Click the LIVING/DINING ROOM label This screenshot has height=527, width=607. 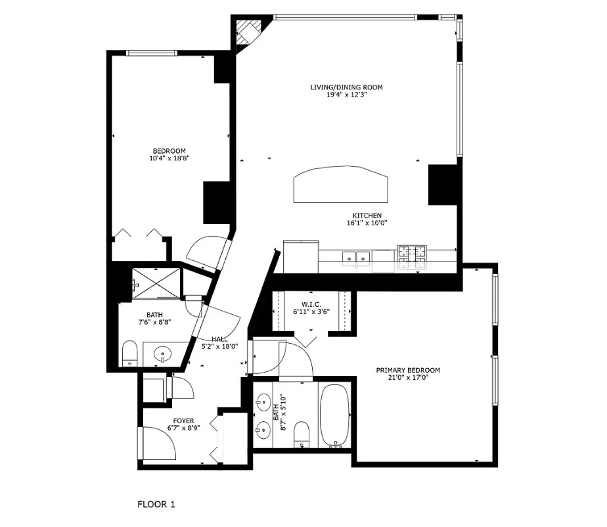click(346, 87)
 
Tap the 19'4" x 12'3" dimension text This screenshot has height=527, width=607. click(346, 95)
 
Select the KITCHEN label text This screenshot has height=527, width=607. click(367, 216)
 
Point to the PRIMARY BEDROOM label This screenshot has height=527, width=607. click(408, 370)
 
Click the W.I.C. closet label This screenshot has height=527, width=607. click(311, 304)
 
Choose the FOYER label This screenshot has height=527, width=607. click(183, 421)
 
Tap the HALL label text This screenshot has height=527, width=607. click(219, 339)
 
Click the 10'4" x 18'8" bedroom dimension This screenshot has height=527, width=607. click(169, 158)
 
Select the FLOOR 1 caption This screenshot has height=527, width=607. click(156, 505)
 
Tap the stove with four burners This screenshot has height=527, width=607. click(411, 257)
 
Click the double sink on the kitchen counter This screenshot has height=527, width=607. click(355, 258)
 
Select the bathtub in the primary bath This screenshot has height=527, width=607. click(336, 416)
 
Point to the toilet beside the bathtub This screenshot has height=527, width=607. click(302, 434)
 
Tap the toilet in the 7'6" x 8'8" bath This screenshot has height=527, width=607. click(129, 354)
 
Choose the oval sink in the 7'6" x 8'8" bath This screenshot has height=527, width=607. click(162, 355)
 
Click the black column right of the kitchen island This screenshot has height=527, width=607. click(442, 185)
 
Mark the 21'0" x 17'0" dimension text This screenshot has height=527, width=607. click(408, 378)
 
